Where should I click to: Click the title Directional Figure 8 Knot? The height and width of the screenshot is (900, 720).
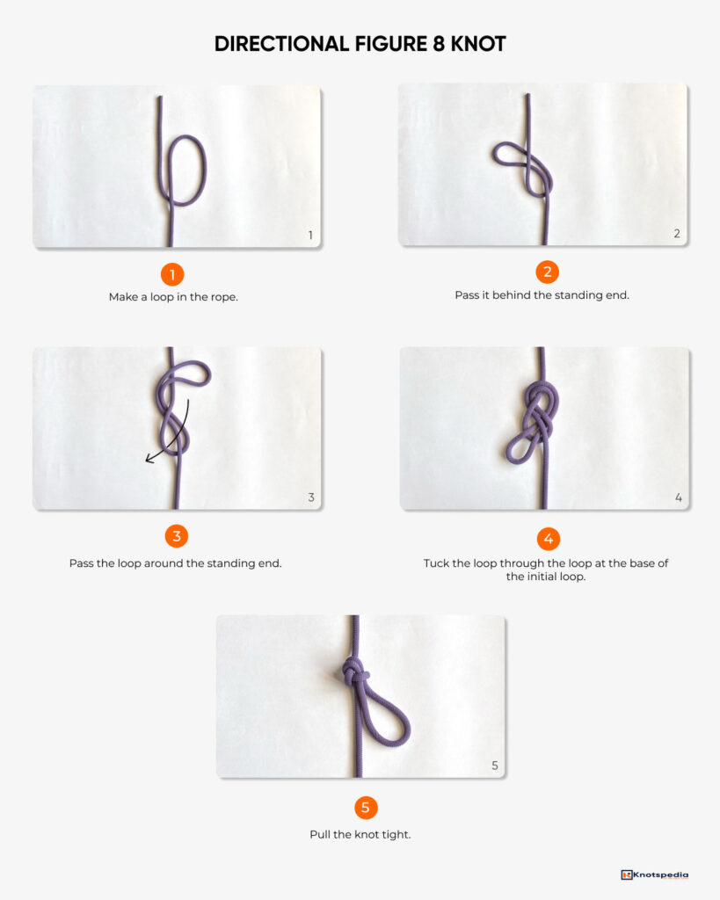360,44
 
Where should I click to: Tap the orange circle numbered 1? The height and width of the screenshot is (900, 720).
172,274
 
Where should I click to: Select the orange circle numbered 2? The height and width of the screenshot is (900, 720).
547,272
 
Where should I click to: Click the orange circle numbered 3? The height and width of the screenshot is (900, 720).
176,536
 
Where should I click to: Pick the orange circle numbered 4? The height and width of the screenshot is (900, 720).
547,539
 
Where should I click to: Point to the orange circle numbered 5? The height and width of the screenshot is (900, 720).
366,808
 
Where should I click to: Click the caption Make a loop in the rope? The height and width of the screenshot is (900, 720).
173,297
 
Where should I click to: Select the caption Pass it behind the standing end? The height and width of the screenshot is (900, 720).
542,295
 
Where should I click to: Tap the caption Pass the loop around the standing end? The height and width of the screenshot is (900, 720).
175,562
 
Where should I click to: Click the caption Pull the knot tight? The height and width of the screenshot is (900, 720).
360,834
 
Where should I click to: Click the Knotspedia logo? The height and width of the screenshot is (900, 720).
654,875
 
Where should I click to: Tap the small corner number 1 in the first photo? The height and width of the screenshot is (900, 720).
310,236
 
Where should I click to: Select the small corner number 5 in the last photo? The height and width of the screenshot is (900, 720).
494,766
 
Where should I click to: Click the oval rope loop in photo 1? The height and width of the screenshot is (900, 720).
186,170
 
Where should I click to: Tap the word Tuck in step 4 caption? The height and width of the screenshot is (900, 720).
436,562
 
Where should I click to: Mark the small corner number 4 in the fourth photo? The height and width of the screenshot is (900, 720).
678,498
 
